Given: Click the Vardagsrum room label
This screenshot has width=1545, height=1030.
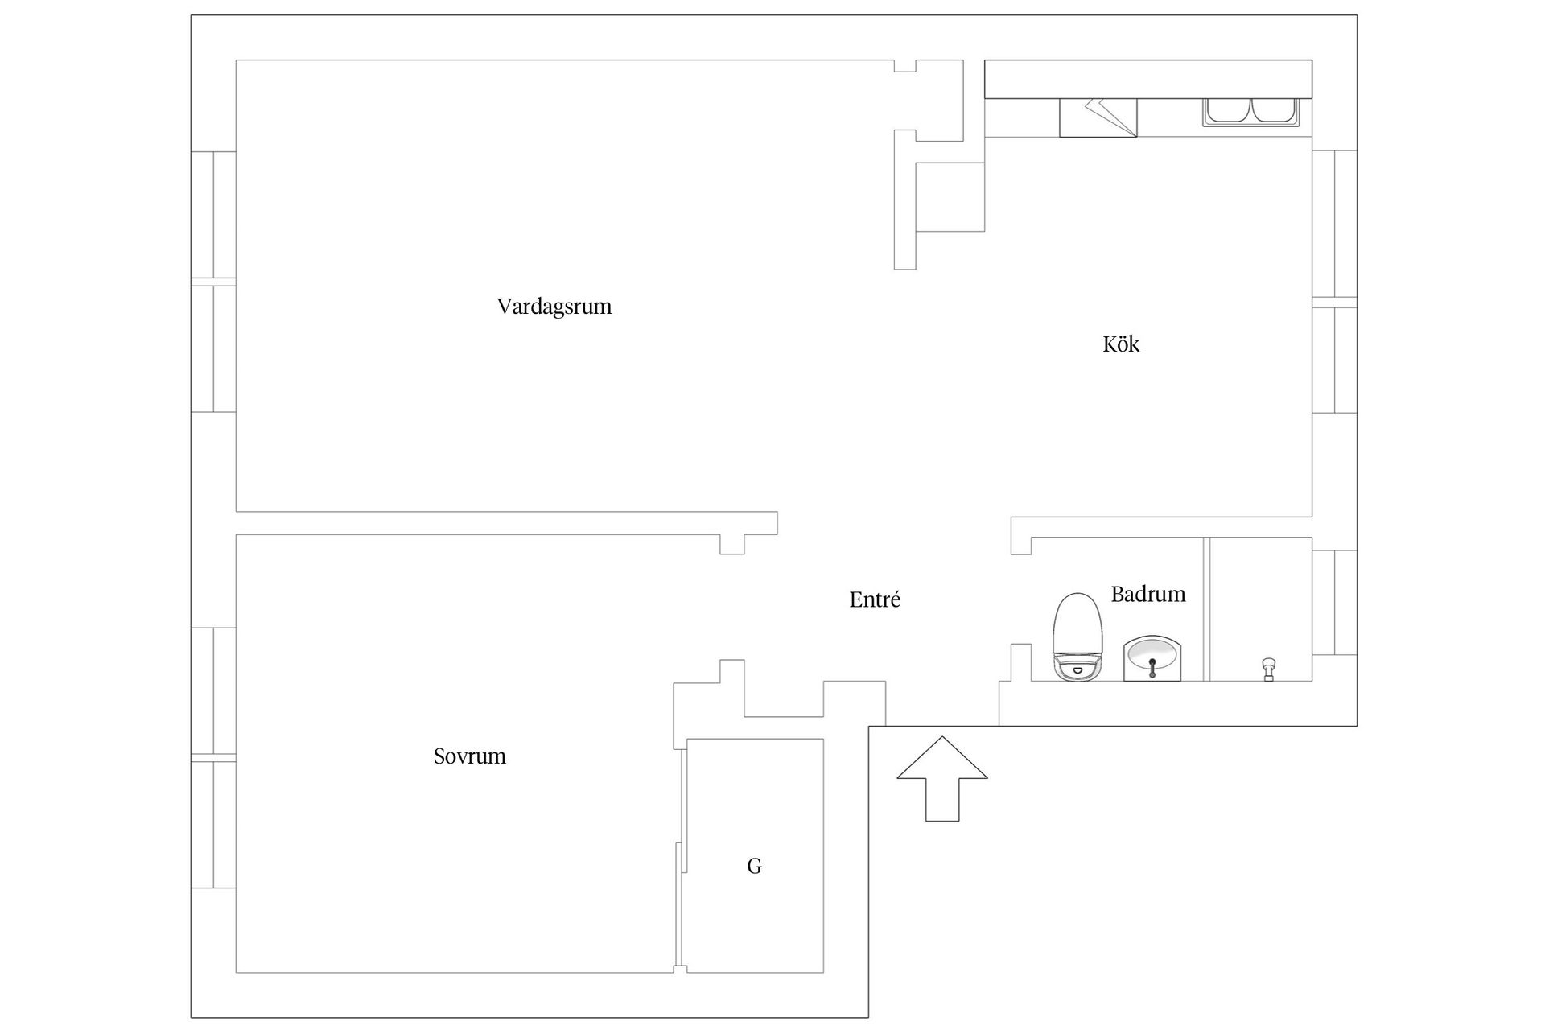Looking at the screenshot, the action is point(554,307).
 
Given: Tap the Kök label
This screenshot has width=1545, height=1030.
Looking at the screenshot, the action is point(1121,344).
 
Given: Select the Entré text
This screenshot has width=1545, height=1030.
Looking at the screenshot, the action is point(875,599).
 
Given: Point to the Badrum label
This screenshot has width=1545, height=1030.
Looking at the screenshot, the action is point(1148,595).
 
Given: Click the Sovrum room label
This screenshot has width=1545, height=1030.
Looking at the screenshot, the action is point(470,756).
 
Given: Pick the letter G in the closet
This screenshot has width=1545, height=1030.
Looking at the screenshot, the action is point(754,866).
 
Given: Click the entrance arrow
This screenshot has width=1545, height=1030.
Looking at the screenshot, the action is point(942,779).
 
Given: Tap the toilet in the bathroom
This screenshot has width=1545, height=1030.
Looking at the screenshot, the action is point(1077,637).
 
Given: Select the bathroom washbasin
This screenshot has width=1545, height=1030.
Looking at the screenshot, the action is point(1152,657).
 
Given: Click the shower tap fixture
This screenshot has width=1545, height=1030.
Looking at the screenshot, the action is point(1269,669).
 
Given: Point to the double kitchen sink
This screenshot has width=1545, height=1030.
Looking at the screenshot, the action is point(1250,112).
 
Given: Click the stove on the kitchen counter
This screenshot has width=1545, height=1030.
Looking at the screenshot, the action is point(1098,117).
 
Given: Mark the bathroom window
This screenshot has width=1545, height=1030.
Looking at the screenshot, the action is point(1334,603).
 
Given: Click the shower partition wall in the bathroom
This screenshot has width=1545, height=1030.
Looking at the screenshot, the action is point(1207,609).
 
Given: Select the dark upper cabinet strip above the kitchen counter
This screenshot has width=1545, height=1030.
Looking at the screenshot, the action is point(1148,79).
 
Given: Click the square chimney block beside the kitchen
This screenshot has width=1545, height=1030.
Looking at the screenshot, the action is point(950,197).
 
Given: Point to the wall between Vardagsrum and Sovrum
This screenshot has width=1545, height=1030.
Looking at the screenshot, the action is point(506,523).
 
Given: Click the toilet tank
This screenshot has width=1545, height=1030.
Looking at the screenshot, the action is point(1077,667).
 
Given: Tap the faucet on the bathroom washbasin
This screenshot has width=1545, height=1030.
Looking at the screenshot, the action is point(1152,667).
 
